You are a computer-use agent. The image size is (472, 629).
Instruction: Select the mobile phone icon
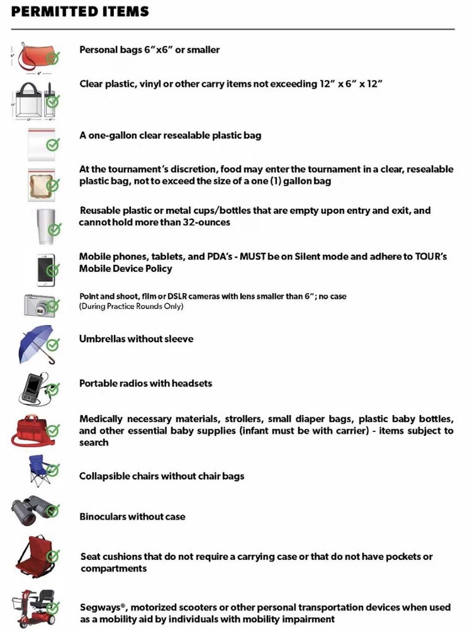click(x=44, y=269)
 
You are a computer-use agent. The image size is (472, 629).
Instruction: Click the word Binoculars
click(x=103, y=516)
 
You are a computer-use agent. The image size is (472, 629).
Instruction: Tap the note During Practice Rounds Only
click(x=132, y=306)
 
